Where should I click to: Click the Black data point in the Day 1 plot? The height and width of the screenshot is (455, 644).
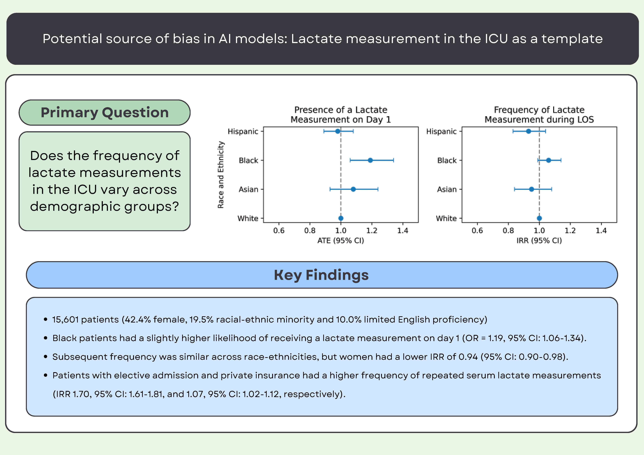(370, 160)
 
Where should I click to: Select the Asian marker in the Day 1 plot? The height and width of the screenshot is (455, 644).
(353, 189)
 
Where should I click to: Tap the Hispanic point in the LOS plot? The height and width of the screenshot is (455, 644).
(528, 131)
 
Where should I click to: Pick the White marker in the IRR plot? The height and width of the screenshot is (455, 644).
(539, 218)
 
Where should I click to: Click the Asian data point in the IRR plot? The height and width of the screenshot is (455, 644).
(531, 189)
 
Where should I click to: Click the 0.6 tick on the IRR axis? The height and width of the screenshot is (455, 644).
(477, 231)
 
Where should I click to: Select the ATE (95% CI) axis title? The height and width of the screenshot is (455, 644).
(340, 241)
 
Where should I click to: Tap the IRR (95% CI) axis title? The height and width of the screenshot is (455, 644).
(539, 241)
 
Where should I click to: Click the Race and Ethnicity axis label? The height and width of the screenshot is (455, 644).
(221, 175)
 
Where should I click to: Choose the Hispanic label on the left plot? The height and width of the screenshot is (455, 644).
(243, 132)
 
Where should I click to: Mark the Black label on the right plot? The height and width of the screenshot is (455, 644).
(447, 160)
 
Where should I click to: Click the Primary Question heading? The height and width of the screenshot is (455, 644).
(105, 112)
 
